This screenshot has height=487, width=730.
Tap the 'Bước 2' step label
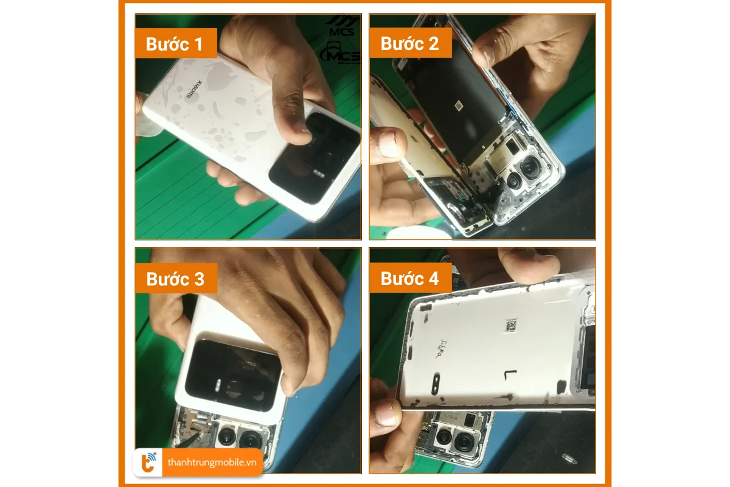(409, 43)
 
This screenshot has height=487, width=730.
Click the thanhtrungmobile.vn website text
(211, 463)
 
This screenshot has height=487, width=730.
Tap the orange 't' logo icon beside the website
(148, 463)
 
